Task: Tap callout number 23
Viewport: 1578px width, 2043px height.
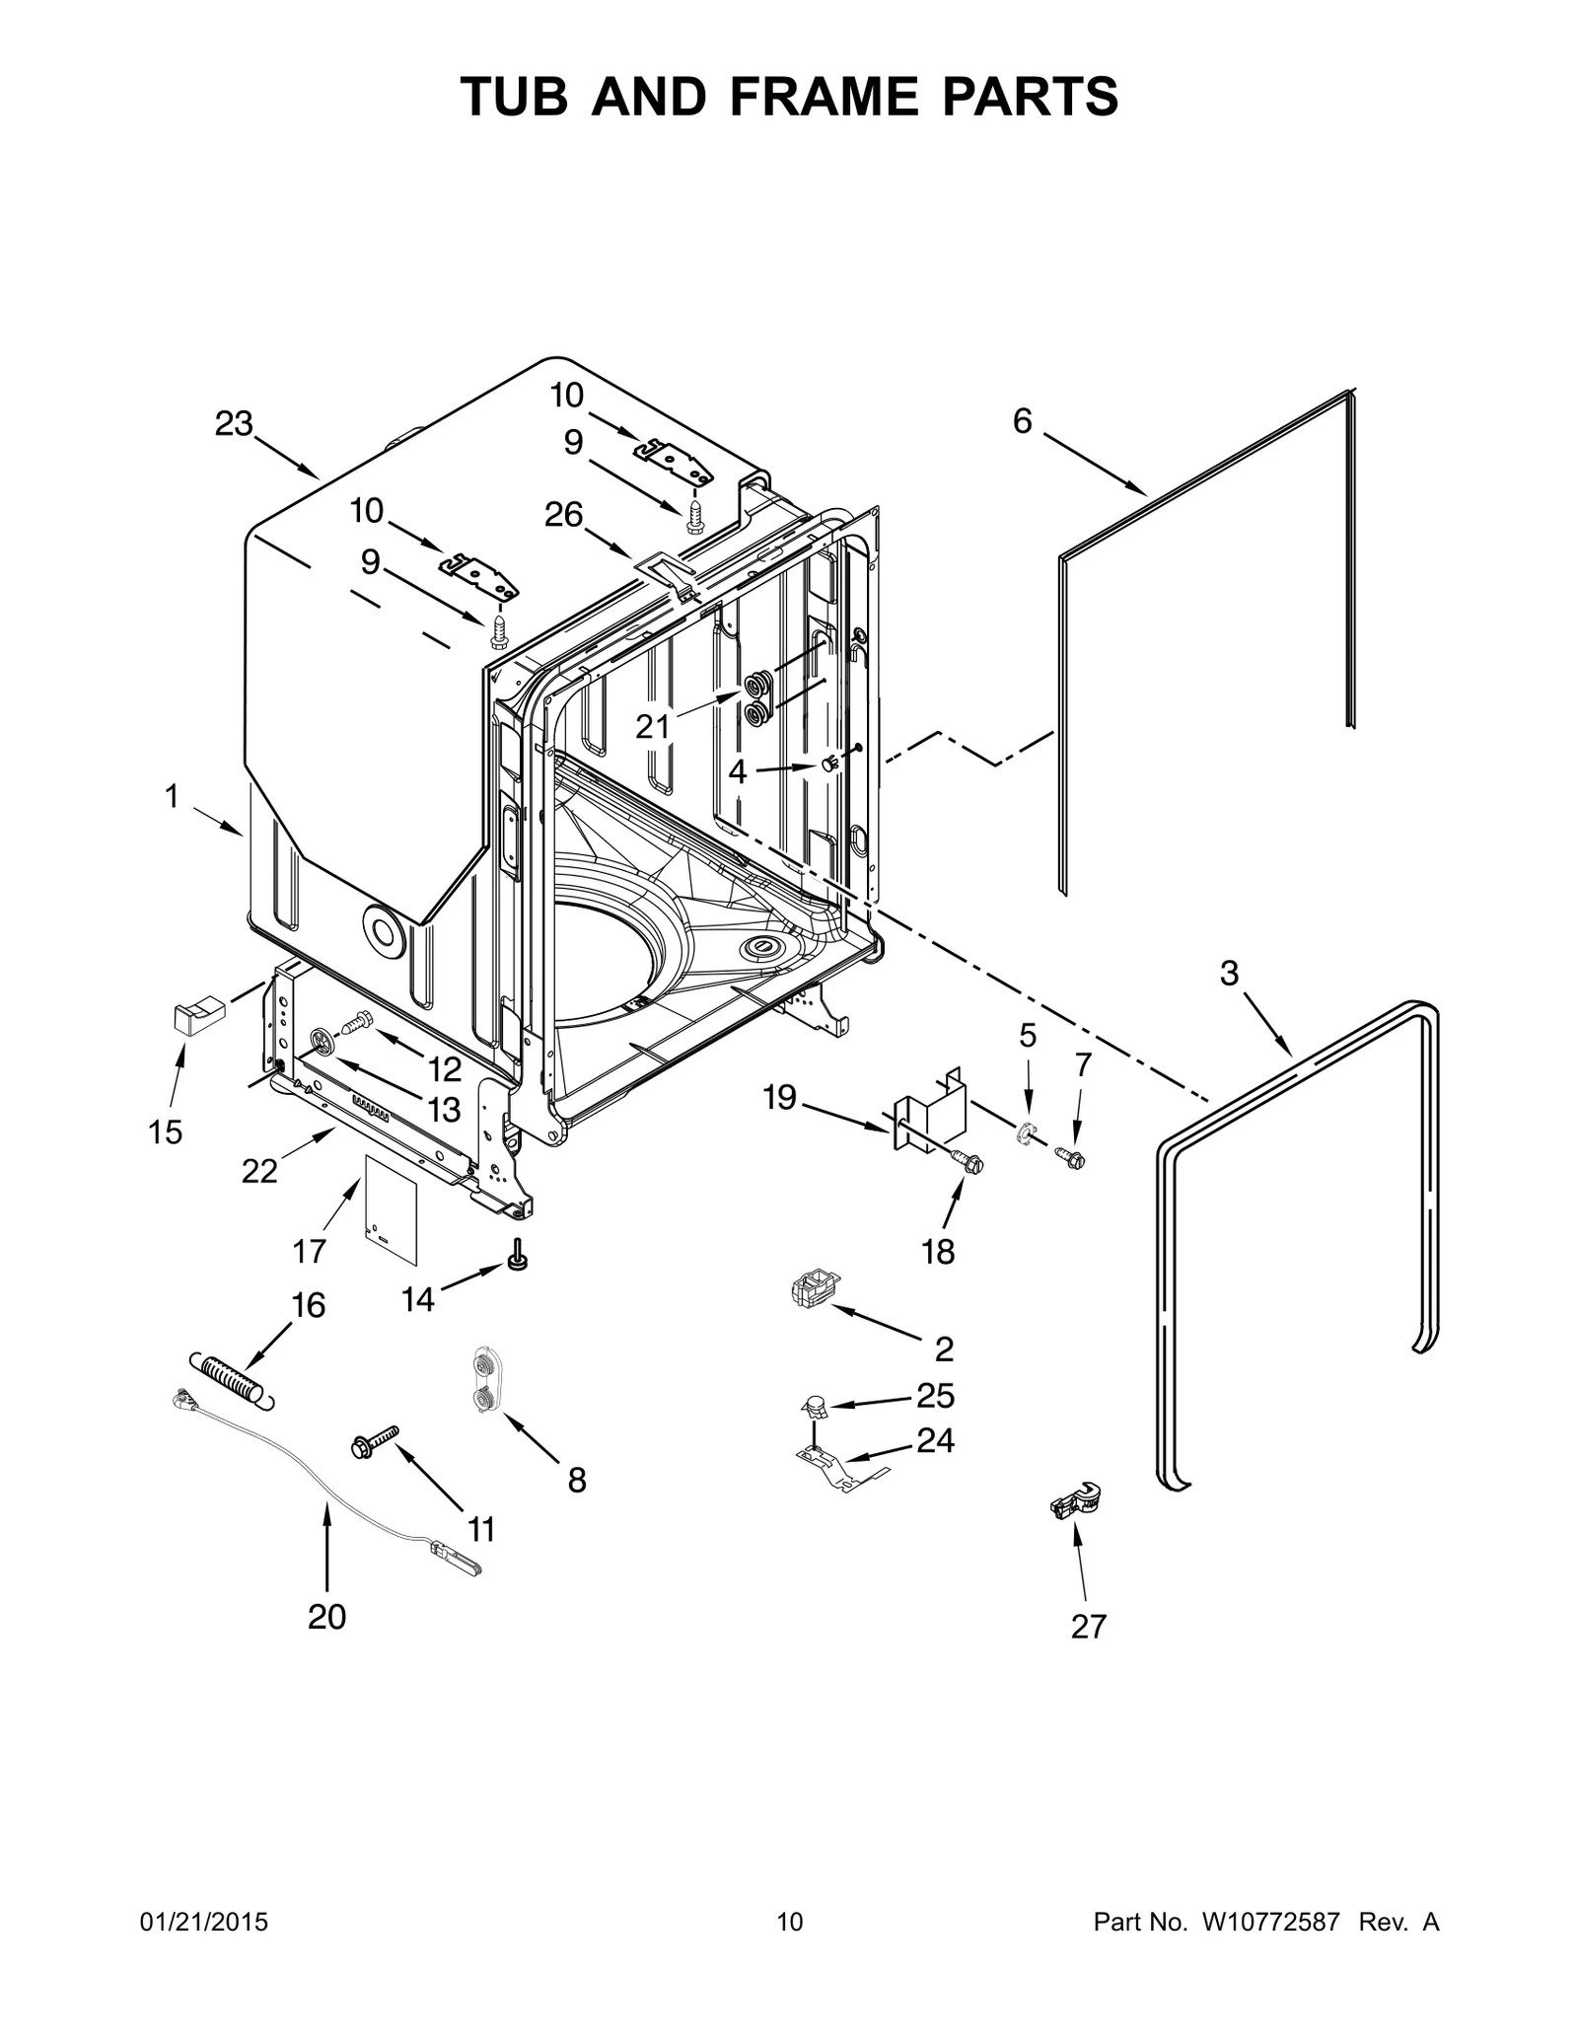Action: (234, 424)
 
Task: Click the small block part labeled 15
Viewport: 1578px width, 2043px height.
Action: (194, 1015)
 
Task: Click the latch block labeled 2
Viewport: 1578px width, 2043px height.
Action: (813, 1288)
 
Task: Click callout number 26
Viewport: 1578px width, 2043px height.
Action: (564, 514)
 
